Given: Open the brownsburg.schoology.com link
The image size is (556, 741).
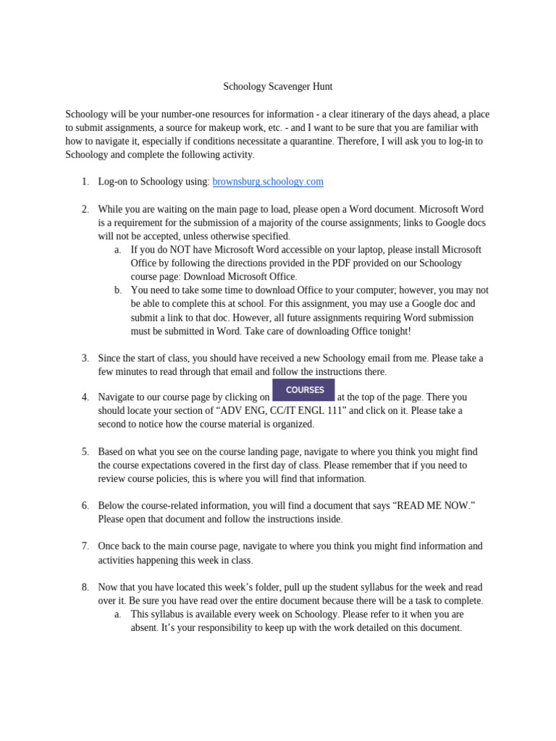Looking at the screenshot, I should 268,182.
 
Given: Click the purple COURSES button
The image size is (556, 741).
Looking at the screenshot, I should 303,389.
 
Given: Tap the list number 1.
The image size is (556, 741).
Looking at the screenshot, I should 85,182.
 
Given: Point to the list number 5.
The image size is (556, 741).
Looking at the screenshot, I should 85,452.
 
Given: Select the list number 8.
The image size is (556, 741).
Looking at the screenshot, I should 85,587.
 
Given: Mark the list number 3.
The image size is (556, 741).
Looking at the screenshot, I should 85,357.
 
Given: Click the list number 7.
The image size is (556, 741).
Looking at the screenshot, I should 85,546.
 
